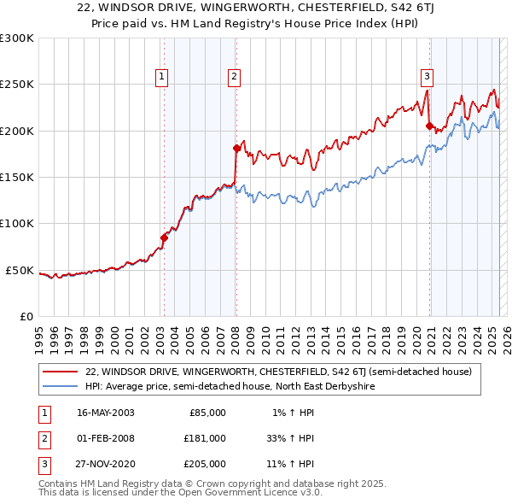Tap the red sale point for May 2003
pyautogui.click(x=164, y=237)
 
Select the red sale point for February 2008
pyautogui.click(x=236, y=149)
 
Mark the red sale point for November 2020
pyautogui.click(x=429, y=126)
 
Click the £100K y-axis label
pyautogui.click(x=17, y=223)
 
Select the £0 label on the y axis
pyautogui.click(x=25, y=316)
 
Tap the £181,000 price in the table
pyautogui.click(x=206, y=438)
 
